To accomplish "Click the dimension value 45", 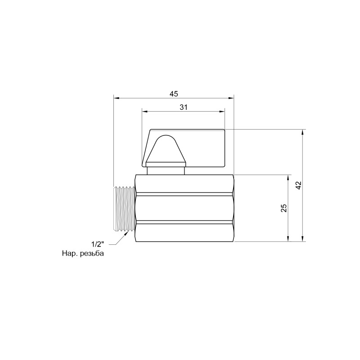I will pos(174,93).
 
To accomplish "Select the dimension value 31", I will pos(183,107).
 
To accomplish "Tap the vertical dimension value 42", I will pos(298,185).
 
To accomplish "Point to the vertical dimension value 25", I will pos(283,207).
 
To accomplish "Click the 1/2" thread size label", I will pos(98,244).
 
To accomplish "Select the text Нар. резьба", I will pos(83,254).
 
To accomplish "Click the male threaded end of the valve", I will pos(124,207).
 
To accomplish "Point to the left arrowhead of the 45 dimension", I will pos(116,97).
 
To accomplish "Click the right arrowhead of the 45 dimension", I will pos(232,97).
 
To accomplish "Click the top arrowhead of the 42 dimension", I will pos(303,133).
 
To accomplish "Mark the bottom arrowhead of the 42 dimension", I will pos(303,238).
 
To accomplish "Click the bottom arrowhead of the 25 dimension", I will pos(288,238).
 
